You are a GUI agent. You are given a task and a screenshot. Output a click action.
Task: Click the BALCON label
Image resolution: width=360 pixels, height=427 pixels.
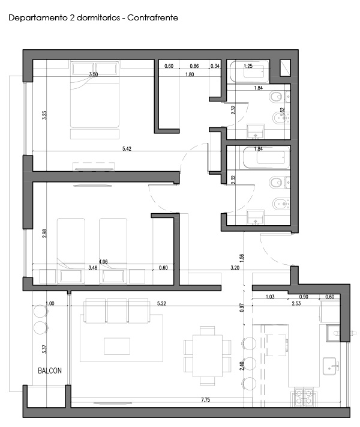[x=50, y=371]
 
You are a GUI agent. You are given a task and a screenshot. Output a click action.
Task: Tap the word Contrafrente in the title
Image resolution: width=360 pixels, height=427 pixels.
[x=152, y=17]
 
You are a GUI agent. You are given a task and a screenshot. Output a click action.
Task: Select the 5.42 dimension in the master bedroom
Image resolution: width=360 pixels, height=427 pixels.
[x=127, y=148]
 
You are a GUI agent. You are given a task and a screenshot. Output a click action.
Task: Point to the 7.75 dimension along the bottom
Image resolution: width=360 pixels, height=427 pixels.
[x=205, y=400]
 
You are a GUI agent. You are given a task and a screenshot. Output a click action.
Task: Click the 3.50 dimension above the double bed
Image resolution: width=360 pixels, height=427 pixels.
[x=94, y=74]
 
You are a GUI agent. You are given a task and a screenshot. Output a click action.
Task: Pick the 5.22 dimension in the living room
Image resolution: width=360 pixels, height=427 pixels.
[x=161, y=303]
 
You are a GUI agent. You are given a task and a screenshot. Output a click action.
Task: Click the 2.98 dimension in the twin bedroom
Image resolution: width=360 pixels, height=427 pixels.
[x=44, y=234]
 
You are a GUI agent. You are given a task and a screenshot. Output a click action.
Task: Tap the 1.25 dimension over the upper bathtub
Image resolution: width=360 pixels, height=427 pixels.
[x=248, y=66]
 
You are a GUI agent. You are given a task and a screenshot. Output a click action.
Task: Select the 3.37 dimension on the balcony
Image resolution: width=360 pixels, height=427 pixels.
[x=44, y=349]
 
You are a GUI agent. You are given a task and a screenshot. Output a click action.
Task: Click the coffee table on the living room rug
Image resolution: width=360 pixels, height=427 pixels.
[x=117, y=346]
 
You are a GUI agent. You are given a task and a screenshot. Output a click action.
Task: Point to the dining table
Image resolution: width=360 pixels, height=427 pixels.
[x=208, y=356]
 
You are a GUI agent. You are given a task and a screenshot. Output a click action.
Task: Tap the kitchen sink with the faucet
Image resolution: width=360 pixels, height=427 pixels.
[x=331, y=366]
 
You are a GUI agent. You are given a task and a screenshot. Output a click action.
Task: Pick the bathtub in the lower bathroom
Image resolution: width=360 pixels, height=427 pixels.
[x=266, y=158]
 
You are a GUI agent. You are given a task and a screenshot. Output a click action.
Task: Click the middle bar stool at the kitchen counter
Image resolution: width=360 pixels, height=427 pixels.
[x=249, y=363]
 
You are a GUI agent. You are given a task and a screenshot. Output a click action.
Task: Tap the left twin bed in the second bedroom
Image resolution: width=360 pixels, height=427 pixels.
[x=71, y=250]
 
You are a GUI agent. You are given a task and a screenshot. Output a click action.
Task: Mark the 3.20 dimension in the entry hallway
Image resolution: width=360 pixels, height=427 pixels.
[x=235, y=268]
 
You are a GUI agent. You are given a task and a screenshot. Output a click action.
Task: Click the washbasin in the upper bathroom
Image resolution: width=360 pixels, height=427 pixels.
[x=255, y=131]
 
